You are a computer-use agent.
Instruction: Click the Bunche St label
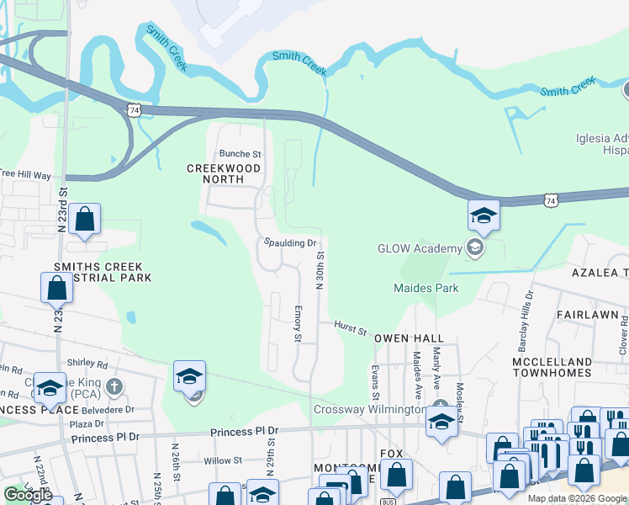[x=240, y=154]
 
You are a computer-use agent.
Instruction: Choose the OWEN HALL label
[x=409, y=338]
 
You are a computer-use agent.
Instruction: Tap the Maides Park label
[x=426, y=288]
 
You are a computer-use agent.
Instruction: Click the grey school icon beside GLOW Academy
[x=475, y=247]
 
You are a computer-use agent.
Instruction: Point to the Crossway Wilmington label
[x=369, y=410]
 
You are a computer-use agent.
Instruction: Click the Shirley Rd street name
[x=90, y=365]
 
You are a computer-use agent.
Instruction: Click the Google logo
[x=28, y=495]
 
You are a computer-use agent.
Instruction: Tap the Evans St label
[x=375, y=381]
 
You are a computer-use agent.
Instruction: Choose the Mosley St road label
[x=460, y=381]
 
